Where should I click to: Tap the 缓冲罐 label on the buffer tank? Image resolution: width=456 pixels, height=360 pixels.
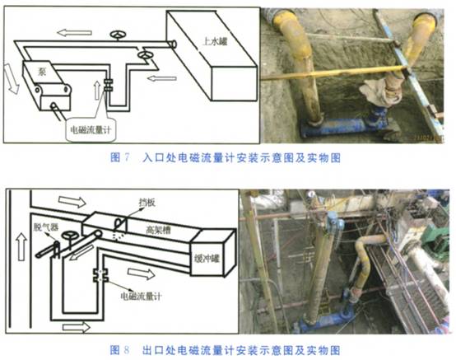pyautogui.click(x=207, y=255)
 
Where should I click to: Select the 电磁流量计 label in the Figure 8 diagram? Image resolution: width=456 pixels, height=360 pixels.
pyautogui.click(x=138, y=293)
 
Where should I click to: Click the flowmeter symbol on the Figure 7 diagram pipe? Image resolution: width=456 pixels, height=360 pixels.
pyautogui.click(x=107, y=85)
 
